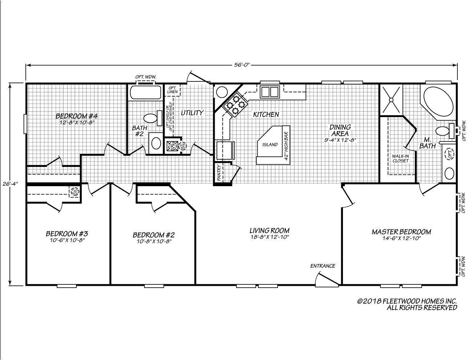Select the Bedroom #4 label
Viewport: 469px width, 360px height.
77,116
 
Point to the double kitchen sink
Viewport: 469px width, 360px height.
269,92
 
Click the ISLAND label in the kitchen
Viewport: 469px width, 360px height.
270,145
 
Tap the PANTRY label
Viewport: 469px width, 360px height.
219,173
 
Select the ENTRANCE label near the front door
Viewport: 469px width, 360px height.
323,266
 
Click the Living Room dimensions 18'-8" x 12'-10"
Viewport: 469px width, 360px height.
269,237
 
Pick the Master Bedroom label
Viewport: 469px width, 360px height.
401,232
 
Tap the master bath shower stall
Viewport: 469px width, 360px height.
391,99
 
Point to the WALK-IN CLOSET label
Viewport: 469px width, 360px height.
401,159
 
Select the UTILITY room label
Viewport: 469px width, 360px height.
192,113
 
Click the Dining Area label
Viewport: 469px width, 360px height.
340,130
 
